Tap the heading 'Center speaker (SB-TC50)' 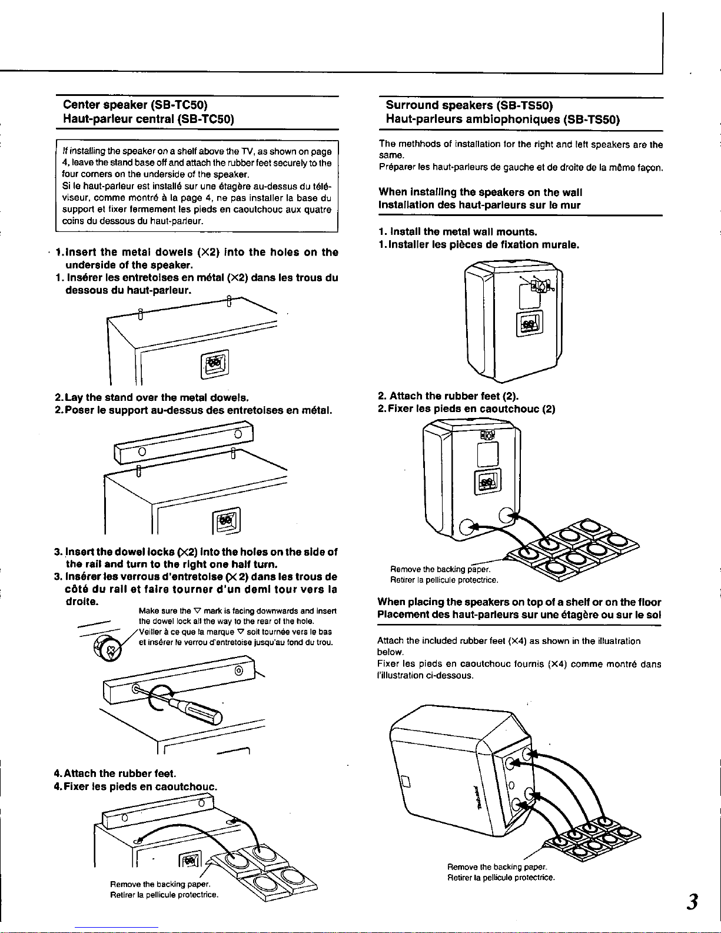135,105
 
